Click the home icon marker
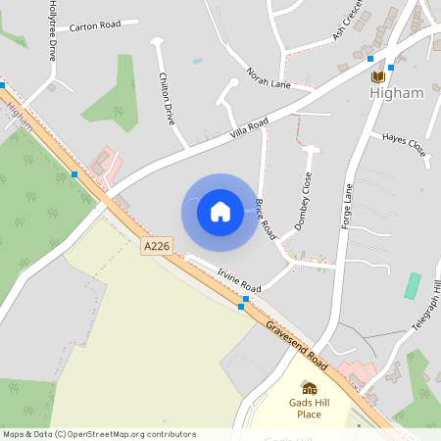pyautogui.click(x=220, y=211)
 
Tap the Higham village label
pyautogui.click(x=397, y=93)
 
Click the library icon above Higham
pyautogui.click(x=378, y=75)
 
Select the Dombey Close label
pyautogui.click(x=305, y=201)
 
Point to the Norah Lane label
pyautogui.click(x=269, y=77)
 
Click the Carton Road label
pyautogui.click(x=97, y=24)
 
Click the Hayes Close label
pyautogui.click(x=405, y=145)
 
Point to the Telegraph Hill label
pyautogui.click(x=427, y=314)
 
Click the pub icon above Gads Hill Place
pyautogui.click(x=309, y=387)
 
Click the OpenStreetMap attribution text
pyautogui.click(x=99, y=434)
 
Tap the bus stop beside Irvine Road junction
pyautogui.click(x=242, y=307)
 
